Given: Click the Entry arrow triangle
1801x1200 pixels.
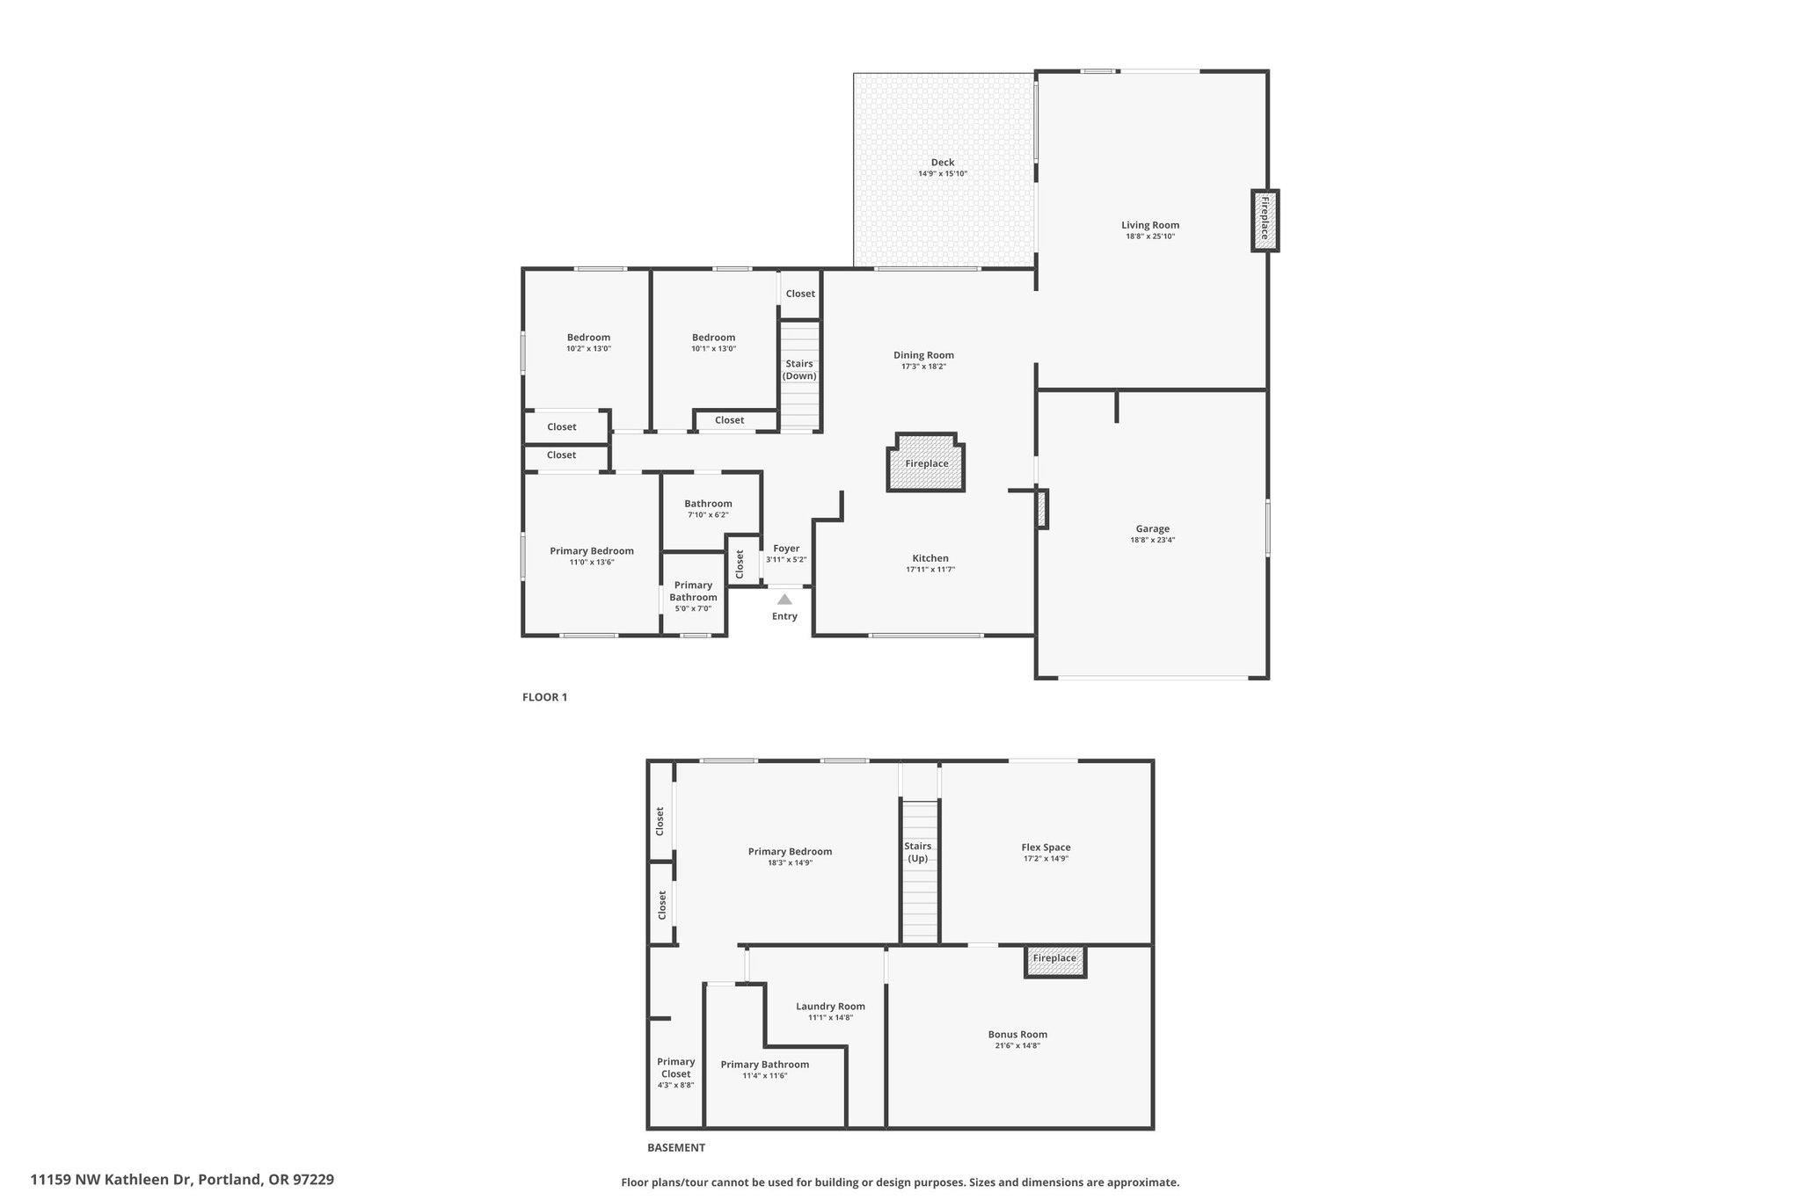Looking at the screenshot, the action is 784,600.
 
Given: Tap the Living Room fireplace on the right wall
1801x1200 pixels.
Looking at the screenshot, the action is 1265,221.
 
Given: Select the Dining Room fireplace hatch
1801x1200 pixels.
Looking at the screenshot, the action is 926,462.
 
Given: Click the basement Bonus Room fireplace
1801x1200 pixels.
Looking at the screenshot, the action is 1055,961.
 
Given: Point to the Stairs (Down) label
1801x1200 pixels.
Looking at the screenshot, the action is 800,370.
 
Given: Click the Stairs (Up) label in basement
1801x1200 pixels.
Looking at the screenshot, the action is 918,852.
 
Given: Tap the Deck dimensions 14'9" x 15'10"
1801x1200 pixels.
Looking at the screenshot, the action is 943,174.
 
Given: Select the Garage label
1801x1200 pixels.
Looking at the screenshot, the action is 1152,528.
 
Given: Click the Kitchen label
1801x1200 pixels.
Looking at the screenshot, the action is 930,558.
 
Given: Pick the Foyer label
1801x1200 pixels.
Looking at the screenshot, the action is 786,549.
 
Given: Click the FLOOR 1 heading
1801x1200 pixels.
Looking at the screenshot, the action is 545,697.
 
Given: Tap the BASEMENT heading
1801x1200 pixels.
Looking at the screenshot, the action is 676,1147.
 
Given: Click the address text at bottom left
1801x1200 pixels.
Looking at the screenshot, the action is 182,1180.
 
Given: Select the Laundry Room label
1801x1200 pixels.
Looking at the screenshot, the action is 830,1007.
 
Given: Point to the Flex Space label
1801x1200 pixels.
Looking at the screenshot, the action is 1046,847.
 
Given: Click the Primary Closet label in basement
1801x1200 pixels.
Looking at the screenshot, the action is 675,1067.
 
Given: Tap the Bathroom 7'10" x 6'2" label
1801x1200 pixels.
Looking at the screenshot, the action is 708,509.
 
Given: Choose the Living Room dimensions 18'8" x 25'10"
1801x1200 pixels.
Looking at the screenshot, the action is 1150,236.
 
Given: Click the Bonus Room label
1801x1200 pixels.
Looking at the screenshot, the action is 1017,1035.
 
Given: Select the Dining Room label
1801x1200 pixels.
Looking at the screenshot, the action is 923,355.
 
